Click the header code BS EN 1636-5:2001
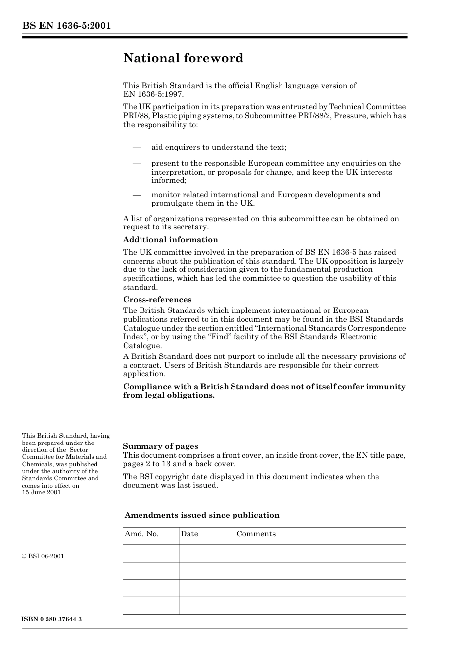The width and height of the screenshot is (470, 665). [x=66, y=26]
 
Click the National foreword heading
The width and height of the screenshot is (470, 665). [x=183, y=58]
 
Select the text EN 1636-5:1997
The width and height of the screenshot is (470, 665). [x=153, y=94]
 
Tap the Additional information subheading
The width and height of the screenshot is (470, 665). [x=170, y=240]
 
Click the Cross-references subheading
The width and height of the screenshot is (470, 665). [x=157, y=300]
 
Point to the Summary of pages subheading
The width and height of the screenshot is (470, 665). [x=160, y=446]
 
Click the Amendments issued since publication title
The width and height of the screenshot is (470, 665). [x=202, y=515]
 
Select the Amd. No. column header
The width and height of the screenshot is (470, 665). [x=141, y=534]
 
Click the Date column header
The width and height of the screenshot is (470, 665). [x=189, y=534]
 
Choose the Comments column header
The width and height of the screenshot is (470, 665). [x=256, y=534]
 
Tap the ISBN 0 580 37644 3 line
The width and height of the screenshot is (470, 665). [x=51, y=619]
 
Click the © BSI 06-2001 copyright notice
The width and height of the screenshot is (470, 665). [x=43, y=556]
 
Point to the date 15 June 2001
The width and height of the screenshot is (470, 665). [x=42, y=492]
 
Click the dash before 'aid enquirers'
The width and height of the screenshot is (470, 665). [x=137, y=147]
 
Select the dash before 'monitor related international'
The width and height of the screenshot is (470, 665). [x=137, y=195]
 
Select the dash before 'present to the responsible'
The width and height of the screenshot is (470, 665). [x=137, y=163]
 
